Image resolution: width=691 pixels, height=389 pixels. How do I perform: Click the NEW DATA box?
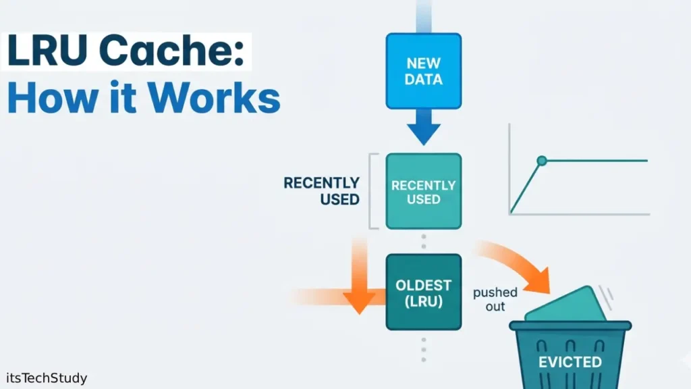tap(424, 71)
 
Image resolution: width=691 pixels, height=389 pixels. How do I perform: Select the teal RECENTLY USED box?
tap(424, 191)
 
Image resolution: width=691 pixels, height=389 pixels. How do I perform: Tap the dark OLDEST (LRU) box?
tap(424, 292)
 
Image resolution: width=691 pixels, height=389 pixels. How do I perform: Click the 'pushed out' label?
tap(495, 299)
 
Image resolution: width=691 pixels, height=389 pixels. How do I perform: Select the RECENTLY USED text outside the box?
tap(321, 191)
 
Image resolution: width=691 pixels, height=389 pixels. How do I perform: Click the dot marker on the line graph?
tap(541, 161)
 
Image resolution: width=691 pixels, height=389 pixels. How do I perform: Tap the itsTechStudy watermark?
tap(45, 378)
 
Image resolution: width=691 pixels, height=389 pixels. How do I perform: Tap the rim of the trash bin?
tap(570, 326)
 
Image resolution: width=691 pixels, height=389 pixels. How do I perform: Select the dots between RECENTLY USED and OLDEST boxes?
tap(424, 242)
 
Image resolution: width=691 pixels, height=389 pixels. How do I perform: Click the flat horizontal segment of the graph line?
tap(597, 161)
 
